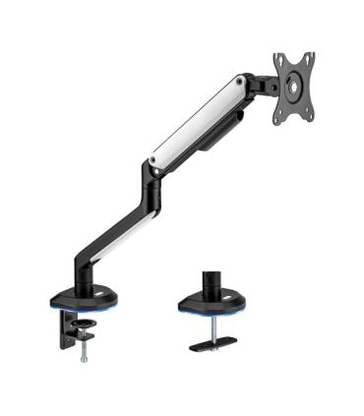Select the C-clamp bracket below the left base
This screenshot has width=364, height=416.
[63, 329]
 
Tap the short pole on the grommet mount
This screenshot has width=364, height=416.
[212, 286]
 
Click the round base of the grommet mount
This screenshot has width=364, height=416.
[212, 308]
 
